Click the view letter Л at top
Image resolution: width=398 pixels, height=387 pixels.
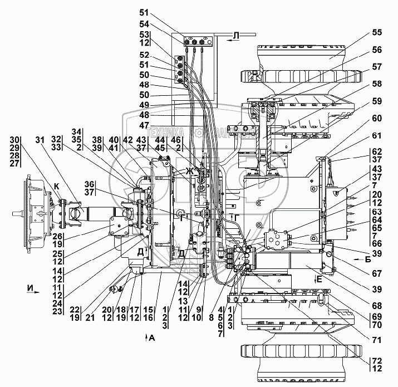pos(235,37)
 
